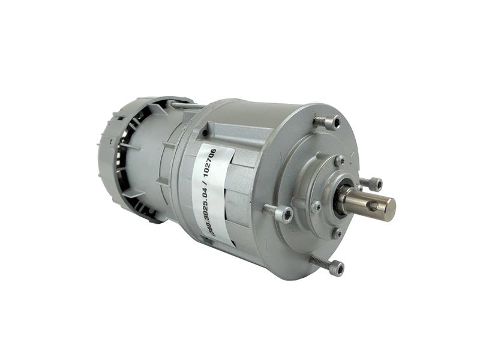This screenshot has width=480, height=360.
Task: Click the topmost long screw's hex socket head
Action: pos(333,122)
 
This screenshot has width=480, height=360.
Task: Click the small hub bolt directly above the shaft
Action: pos(340,161)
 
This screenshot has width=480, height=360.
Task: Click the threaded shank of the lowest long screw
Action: pos(319,261)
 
